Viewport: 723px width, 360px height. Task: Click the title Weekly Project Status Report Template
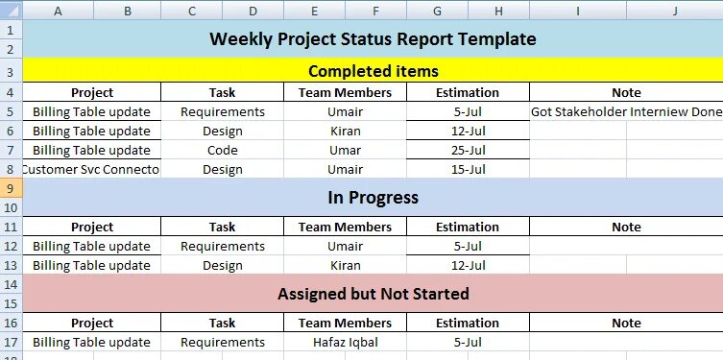tap(373, 39)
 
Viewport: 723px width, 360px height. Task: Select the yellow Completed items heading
tap(373, 71)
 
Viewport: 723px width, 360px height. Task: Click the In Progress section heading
tap(373, 198)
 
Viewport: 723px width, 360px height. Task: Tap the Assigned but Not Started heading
tap(373, 294)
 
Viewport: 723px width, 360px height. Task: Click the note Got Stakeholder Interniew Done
tap(625, 111)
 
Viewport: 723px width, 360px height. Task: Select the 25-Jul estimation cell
tap(468, 150)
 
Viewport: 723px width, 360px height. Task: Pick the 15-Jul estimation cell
tap(468, 169)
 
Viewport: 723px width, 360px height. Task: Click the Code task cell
tap(222, 150)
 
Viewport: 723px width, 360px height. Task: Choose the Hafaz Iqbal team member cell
tap(345, 342)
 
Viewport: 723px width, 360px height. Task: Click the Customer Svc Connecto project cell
tap(91, 169)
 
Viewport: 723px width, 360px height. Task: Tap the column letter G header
tap(437, 11)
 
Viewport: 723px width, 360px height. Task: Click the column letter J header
tap(675, 11)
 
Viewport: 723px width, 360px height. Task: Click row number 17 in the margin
tap(10, 342)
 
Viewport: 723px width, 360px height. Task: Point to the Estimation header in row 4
tap(468, 93)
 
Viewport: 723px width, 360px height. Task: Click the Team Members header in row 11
tap(345, 228)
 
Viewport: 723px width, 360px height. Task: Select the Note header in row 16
tap(626, 324)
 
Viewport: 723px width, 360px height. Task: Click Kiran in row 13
tap(345, 265)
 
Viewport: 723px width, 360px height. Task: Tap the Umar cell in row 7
tap(345, 150)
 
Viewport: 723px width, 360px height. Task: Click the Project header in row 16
tap(91, 324)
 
